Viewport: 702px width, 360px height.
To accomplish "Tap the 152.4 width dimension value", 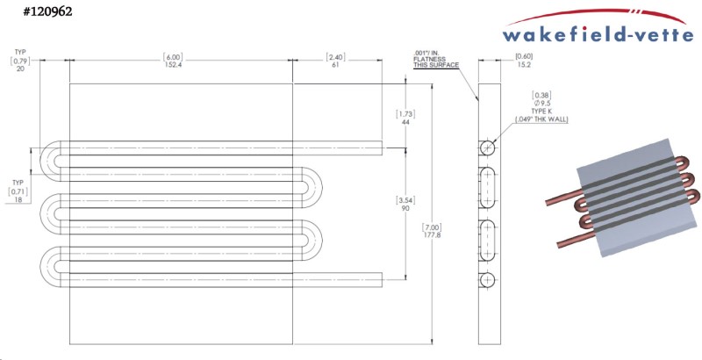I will pyautogui.click(x=171, y=65).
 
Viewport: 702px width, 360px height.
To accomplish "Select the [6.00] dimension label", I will pyautogui.click(x=171, y=56).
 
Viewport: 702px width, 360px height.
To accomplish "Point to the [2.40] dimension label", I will pyautogui.click(x=336, y=56).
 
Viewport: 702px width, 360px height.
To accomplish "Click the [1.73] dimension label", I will pyautogui.click(x=405, y=113).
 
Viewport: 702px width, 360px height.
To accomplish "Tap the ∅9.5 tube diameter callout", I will pyautogui.click(x=541, y=104).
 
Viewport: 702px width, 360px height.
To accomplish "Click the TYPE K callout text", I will pyautogui.click(x=541, y=113).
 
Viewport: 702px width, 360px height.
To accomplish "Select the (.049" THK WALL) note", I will pyautogui.click(x=541, y=121).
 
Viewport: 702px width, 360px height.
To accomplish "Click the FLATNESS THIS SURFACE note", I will pyautogui.click(x=430, y=66).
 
